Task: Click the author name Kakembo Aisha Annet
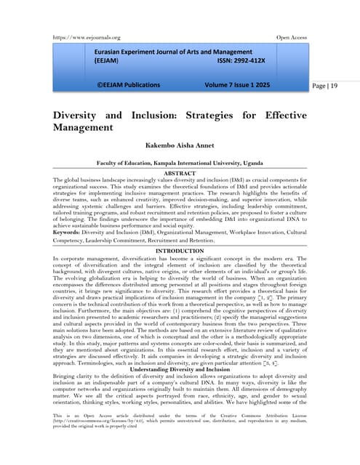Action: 180,146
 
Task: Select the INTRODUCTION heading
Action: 180,251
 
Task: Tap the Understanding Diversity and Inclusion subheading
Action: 180,349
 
